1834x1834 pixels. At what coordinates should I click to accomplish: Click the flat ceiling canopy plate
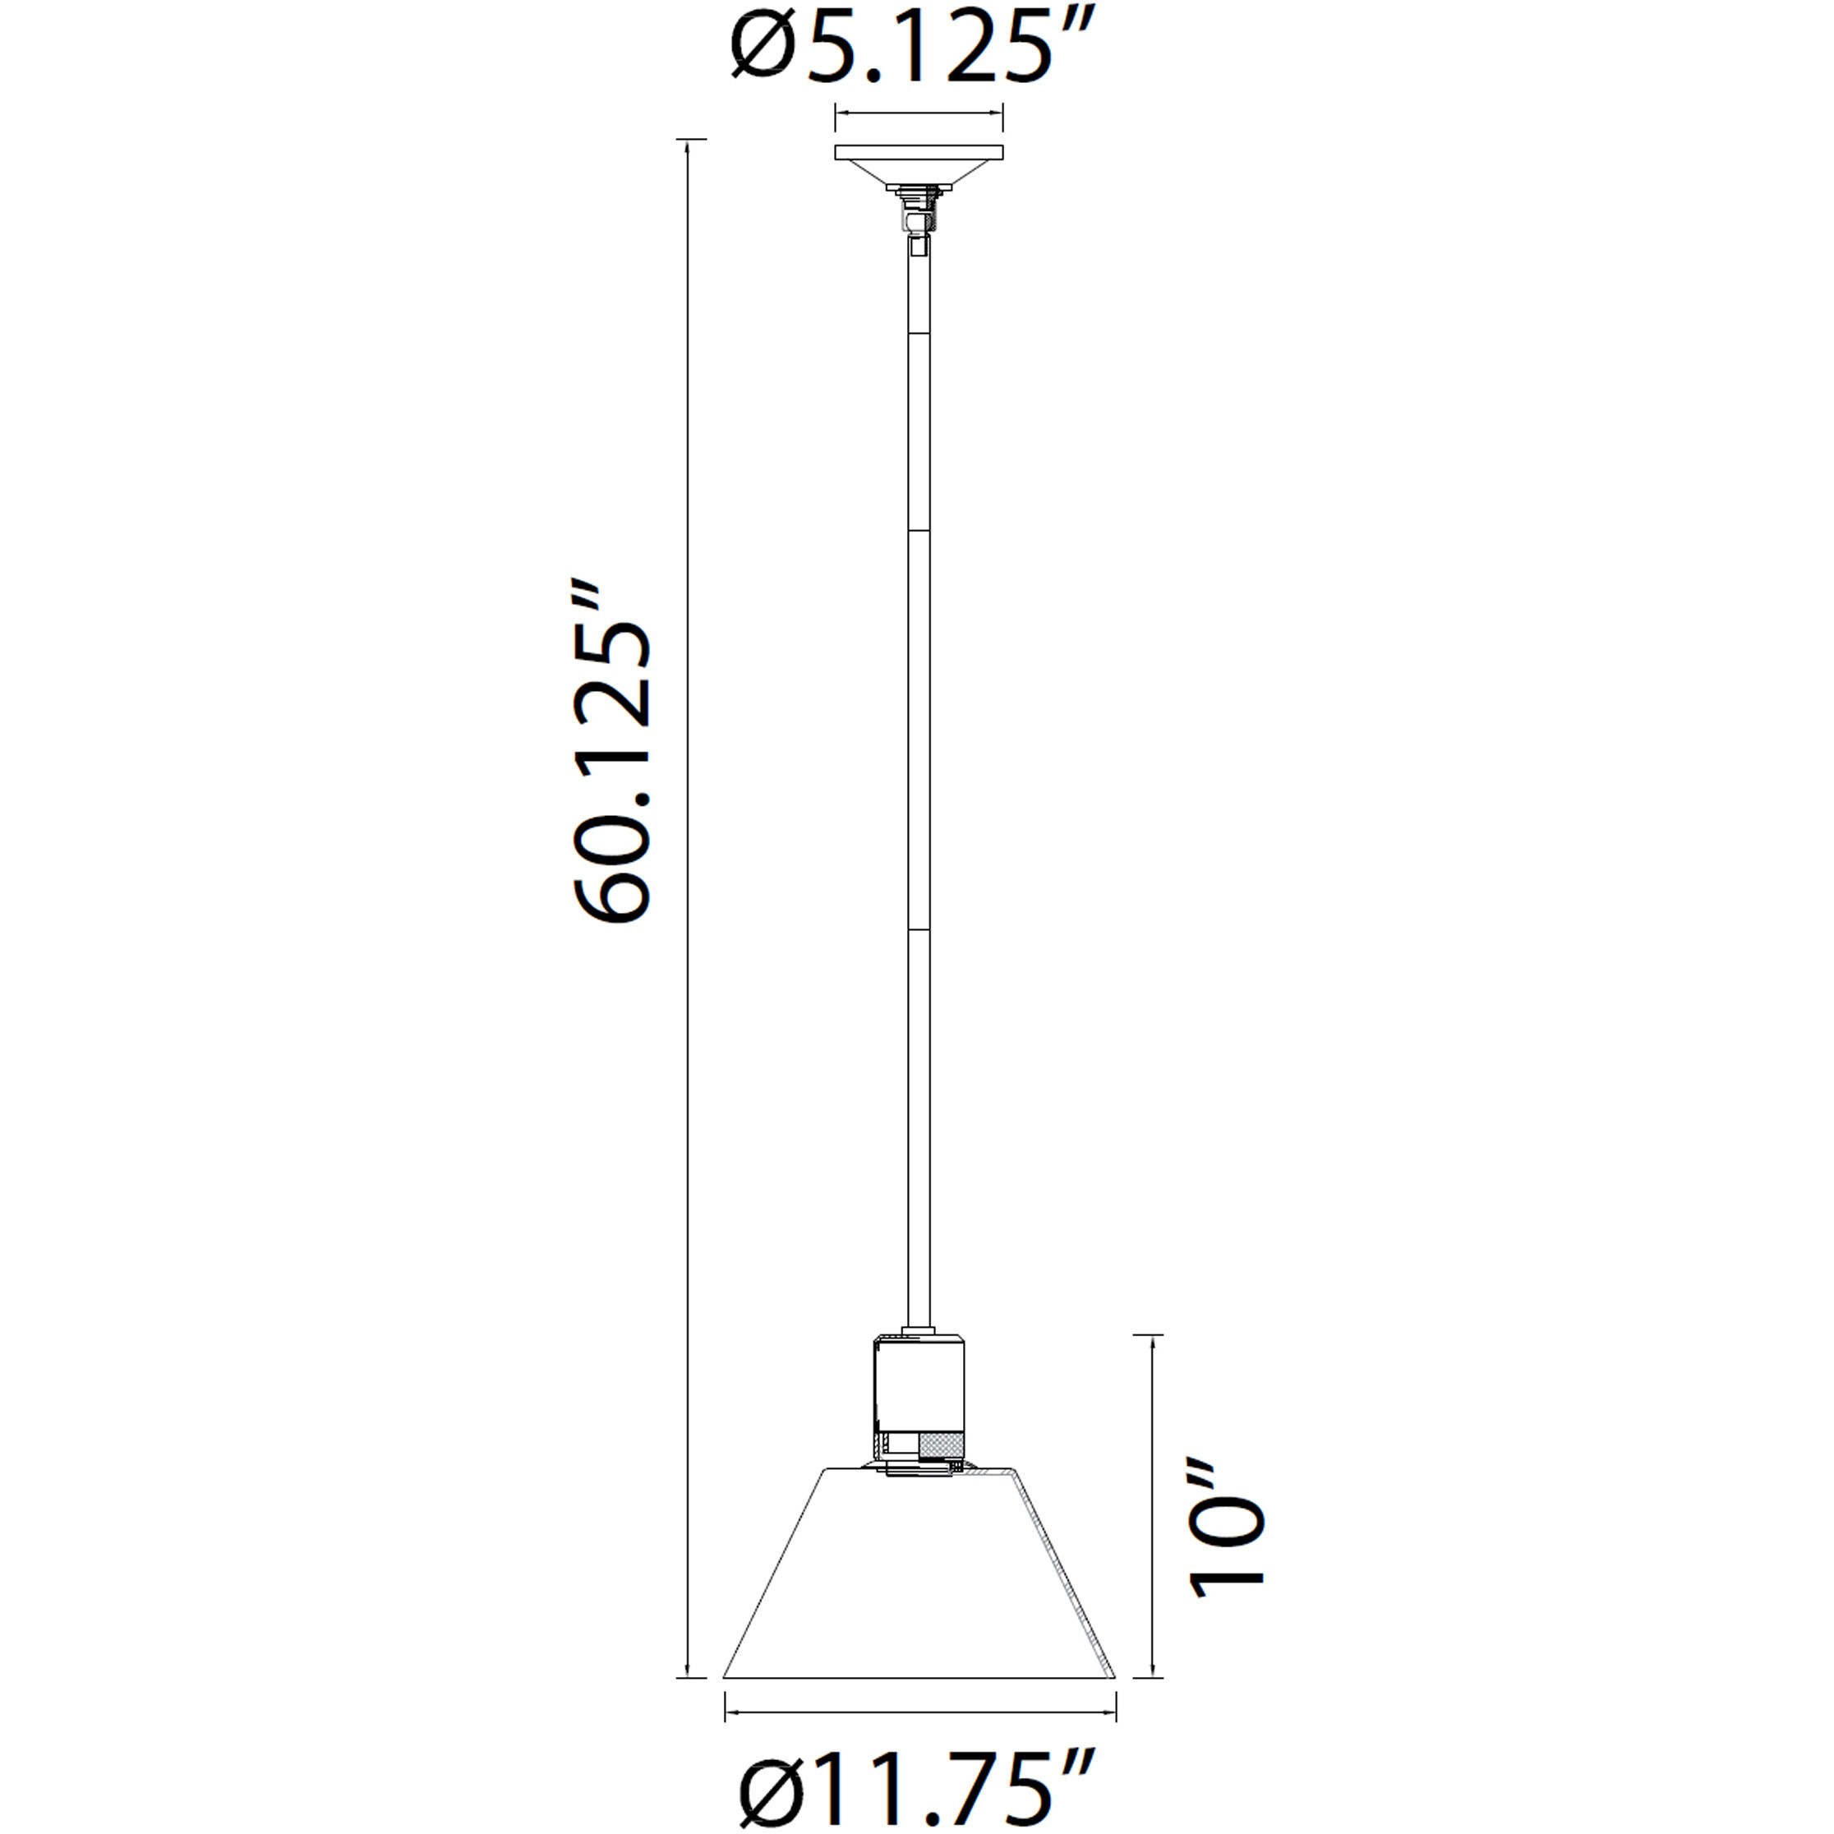pyautogui.click(x=918, y=153)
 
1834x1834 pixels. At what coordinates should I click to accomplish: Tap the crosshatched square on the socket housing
pyautogui.click(x=941, y=1447)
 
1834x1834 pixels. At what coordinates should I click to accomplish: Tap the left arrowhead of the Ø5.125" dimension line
pyautogui.click(x=838, y=114)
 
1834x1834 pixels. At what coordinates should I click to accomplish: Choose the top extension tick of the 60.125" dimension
pyautogui.click(x=690, y=139)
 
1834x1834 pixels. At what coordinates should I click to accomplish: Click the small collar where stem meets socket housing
pyautogui.click(x=918, y=1331)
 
